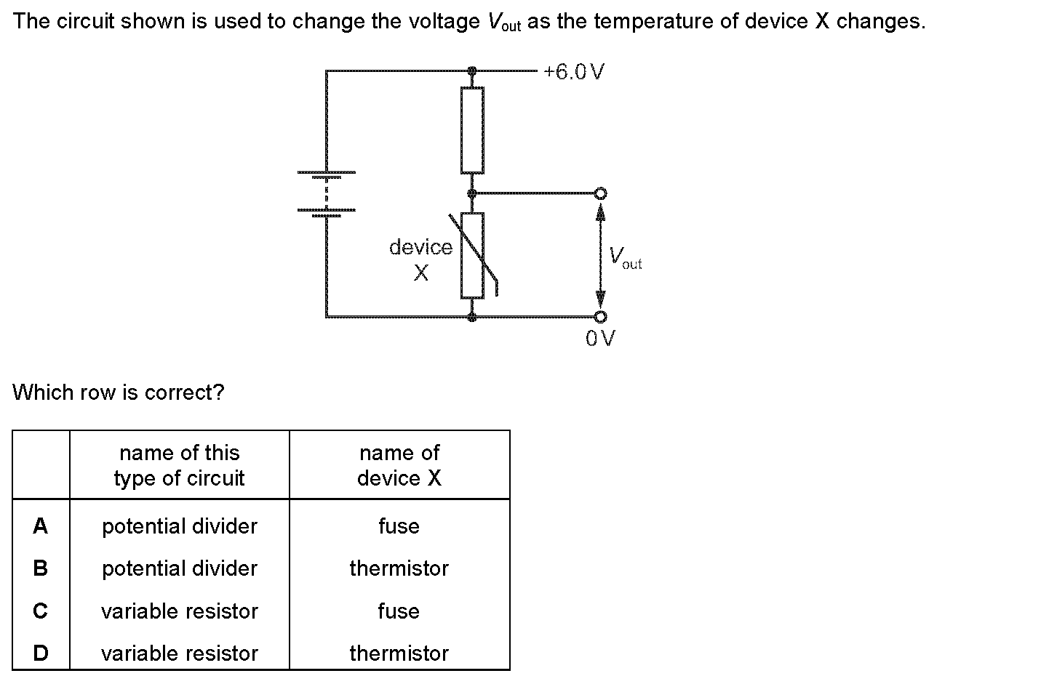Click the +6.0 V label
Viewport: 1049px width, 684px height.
[x=574, y=72]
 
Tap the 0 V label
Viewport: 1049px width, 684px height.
[x=600, y=338]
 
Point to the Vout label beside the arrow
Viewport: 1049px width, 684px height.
[x=624, y=257]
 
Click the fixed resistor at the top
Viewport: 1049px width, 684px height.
[x=472, y=130]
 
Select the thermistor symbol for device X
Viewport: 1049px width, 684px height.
[x=473, y=255]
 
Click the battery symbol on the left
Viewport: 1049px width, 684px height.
[x=326, y=193]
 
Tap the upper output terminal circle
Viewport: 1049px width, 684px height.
[x=600, y=193]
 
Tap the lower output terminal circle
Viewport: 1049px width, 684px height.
[x=600, y=317]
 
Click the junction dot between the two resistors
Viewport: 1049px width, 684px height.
[x=472, y=193]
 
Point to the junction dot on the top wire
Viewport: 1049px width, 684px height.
[x=472, y=71]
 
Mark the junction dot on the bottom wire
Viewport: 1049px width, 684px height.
[x=472, y=317]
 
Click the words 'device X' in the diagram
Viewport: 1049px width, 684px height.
[x=420, y=259]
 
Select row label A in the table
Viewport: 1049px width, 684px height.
[x=41, y=526]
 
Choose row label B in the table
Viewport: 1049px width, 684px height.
[x=41, y=568]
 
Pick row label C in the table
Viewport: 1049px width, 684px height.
[x=41, y=611]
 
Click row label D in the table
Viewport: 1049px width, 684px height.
[x=41, y=653]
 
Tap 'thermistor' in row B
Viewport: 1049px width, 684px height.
[x=399, y=568]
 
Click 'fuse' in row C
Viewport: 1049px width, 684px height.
[x=399, y=611]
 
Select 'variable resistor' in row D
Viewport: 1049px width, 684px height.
[x=179, y=653]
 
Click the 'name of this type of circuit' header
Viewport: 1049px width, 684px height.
[x=179, y=465]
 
